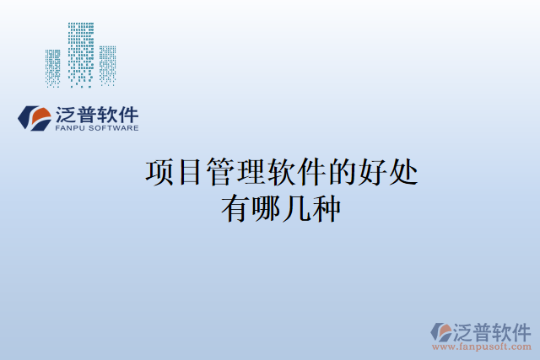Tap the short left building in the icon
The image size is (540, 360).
click(x=53, y=67)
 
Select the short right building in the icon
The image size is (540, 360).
click(x=107, y=65)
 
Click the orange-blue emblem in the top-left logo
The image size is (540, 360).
click(x=34, y=118)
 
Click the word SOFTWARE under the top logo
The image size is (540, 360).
click(x=113, y=129)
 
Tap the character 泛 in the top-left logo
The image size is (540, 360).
click(x=67, y=114)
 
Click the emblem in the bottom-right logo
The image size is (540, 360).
click(x=442, y=331)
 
